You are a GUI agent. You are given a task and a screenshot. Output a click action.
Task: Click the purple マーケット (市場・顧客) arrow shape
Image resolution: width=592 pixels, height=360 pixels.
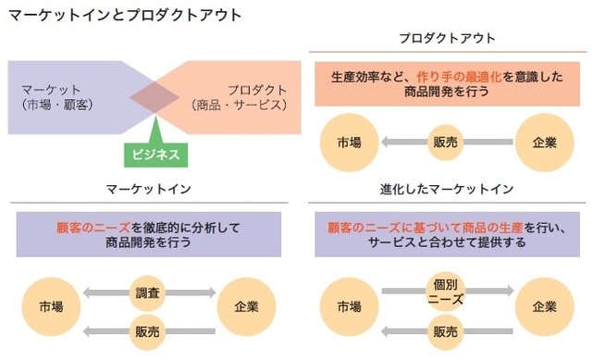pos(65,97)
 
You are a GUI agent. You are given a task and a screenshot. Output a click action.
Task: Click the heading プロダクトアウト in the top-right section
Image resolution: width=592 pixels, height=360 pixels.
pos(448,38)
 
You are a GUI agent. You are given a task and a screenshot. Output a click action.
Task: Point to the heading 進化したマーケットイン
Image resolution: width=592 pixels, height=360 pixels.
pos(447,190)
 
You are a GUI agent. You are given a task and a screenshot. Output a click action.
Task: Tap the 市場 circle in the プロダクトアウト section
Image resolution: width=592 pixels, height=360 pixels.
pos(349,143)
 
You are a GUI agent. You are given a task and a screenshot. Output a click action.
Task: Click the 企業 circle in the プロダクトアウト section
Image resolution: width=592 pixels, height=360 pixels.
pos(545,143)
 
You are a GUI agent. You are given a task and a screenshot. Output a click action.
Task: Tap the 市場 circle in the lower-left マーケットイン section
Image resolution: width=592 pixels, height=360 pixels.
pos(52,306)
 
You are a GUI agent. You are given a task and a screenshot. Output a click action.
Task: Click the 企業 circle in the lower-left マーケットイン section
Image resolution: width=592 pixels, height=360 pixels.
pos(247,306)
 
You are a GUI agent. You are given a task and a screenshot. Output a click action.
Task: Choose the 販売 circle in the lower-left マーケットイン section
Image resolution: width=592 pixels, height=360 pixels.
pos(148,330)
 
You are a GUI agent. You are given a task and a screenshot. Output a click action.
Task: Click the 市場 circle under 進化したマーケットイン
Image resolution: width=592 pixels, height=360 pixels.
pos(349,306)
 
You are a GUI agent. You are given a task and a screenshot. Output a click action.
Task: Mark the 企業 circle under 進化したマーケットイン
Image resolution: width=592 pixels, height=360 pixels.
pos(545,306)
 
